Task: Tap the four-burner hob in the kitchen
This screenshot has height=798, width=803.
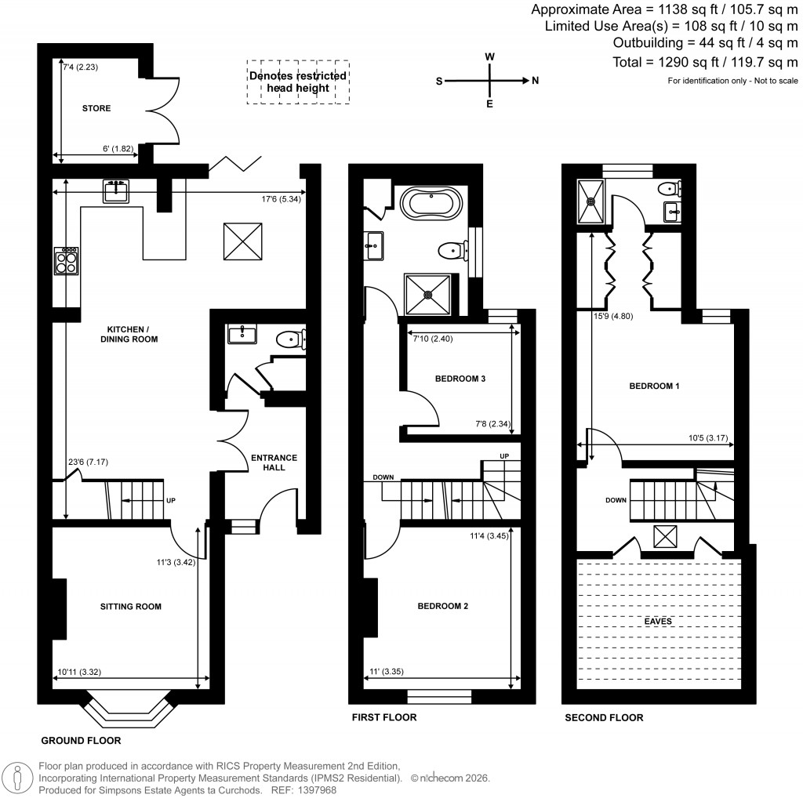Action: pos(65,260)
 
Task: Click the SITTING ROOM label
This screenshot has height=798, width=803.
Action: pos(130,606)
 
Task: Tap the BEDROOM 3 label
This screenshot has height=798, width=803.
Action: pos(460,379)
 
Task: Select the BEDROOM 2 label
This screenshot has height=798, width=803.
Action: pos(444,606)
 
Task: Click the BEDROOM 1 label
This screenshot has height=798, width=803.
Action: pos(655,386)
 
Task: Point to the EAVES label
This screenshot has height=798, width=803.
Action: pos(657,621)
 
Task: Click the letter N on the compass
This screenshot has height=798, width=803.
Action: pos(535,81)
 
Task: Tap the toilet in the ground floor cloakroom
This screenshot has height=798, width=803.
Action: pos(292,339)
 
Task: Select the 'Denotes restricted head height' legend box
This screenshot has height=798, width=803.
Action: pos(298,82)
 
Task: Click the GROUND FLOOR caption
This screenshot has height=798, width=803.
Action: pos(81,740)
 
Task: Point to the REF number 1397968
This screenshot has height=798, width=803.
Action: pos(319,790)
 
